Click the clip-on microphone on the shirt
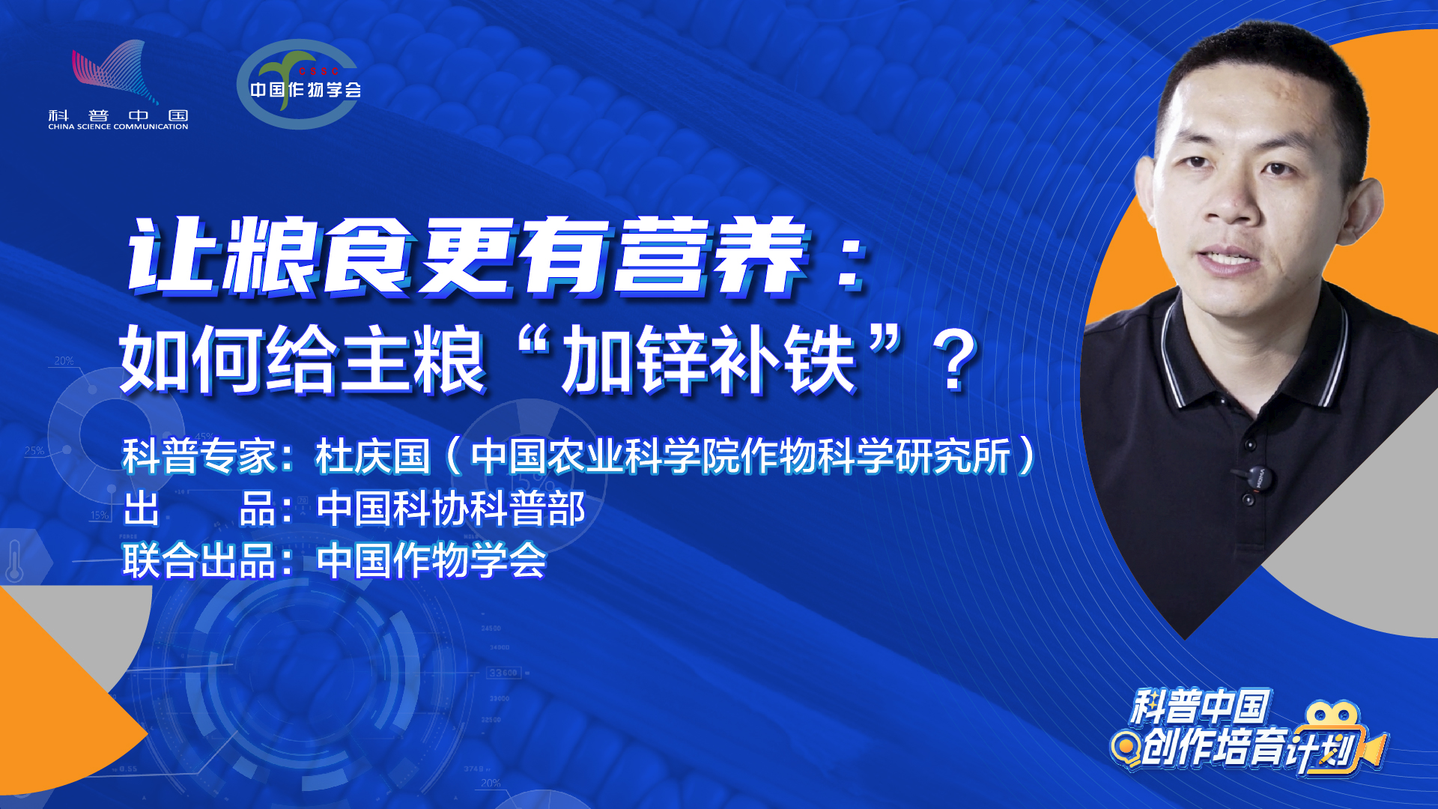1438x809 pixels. pos(1259,479)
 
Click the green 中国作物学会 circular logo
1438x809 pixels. pos(299,84)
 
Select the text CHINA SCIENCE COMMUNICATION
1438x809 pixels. pos(118,127)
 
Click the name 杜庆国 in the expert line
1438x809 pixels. pos(373,456)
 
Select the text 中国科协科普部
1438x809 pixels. pos(451,509)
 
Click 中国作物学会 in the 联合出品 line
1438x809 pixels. pos(431,561)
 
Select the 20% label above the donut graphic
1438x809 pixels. pos(64,361)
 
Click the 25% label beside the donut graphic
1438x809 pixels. pos(34,451)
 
